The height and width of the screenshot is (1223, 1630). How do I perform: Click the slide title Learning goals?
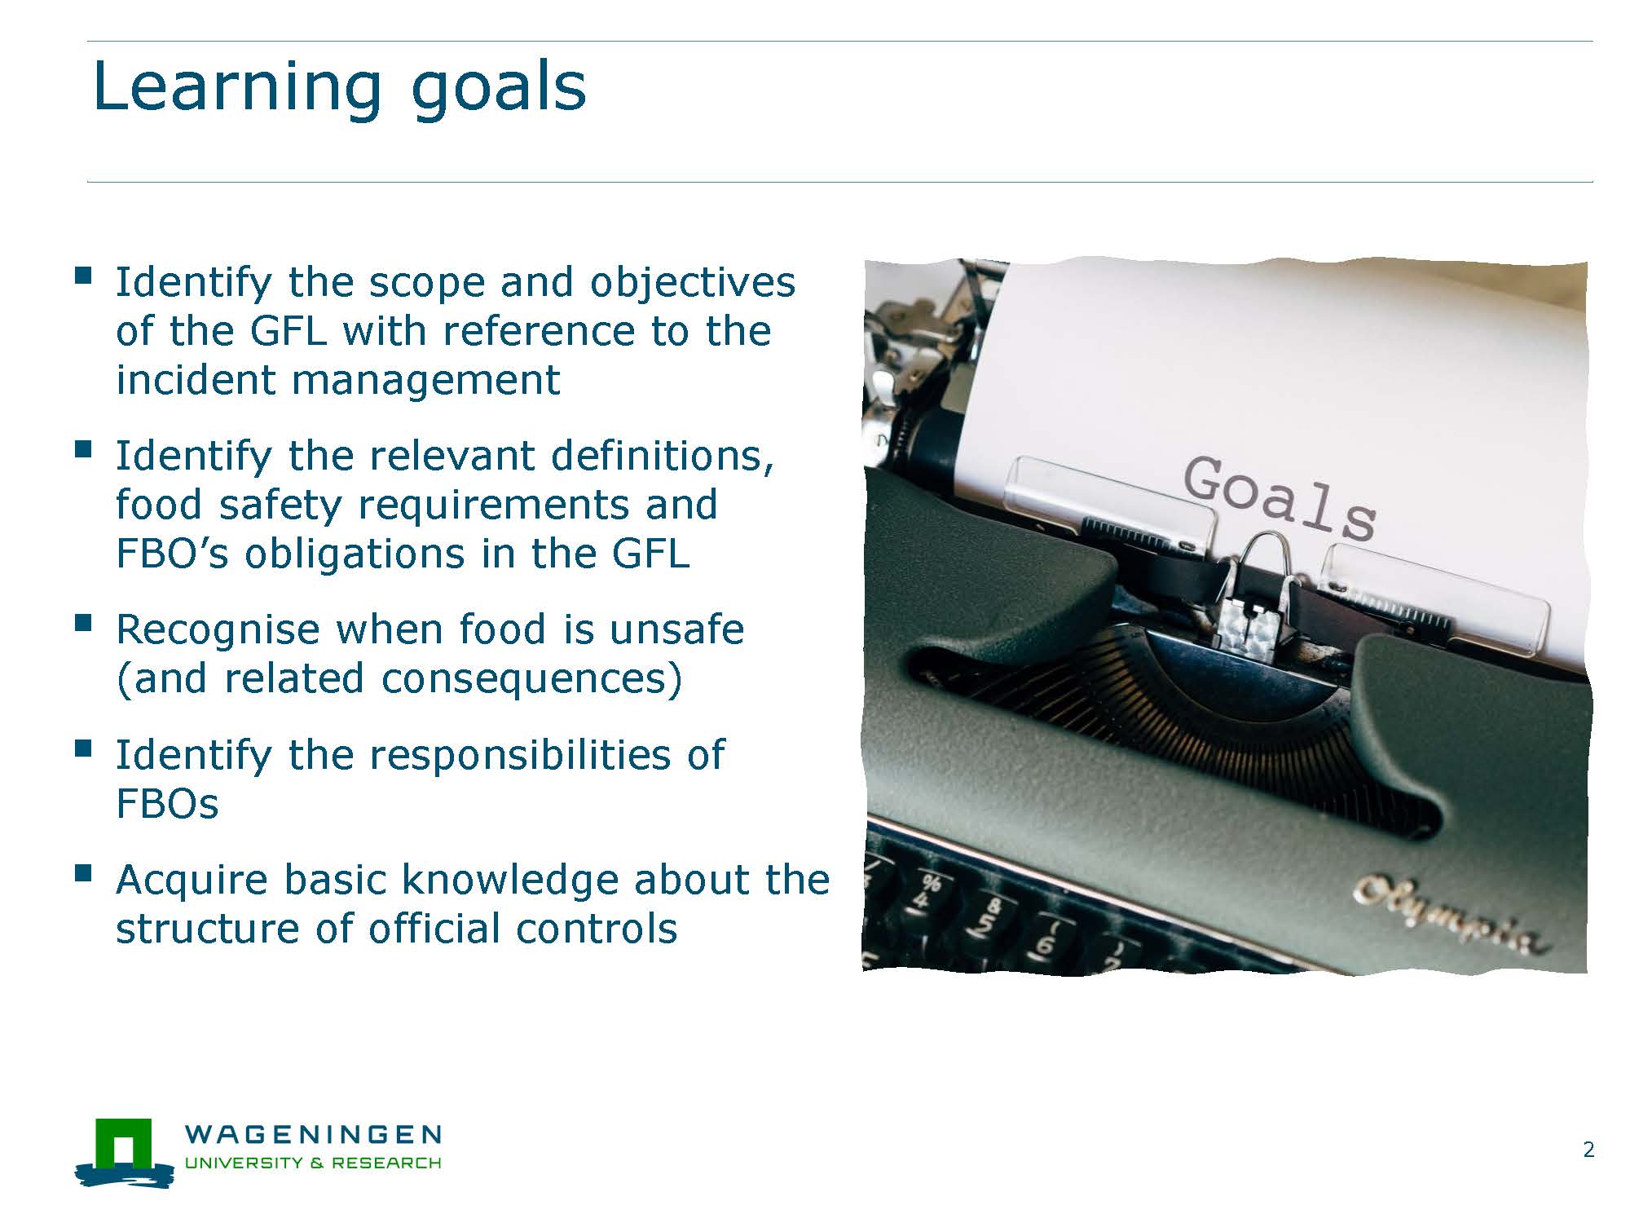click(x=339, y=88)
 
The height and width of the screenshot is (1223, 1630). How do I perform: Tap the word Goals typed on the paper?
click(x=1280, y=498)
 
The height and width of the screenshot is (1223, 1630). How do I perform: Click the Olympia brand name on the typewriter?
click(x=1448, y=913)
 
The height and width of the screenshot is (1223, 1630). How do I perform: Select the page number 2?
click(x=1588, y=1150)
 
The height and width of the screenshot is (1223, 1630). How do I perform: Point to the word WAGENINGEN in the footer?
click(x=314, y=1134)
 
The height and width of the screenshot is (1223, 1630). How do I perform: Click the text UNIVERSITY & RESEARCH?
click(x=314, y=1163)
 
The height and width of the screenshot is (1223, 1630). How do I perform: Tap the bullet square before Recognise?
click(x=82, y=624)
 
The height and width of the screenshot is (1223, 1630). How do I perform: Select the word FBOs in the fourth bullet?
click(x=167, y=804)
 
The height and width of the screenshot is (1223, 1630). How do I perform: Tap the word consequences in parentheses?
click(x=531, y=678)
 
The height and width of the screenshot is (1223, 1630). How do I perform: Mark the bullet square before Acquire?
click(x=82, y=874)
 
